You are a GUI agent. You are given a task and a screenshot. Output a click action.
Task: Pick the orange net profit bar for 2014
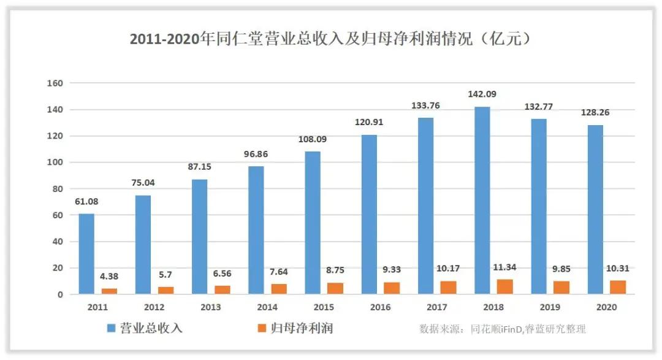279,289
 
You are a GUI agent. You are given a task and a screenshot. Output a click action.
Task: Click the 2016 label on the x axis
381,306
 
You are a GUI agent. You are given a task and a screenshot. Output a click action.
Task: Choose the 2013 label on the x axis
211,306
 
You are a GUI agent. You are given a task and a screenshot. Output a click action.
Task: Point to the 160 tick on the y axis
57,83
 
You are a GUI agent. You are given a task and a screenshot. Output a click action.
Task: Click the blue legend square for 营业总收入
113,329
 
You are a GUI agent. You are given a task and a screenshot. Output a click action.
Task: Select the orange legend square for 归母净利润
266,329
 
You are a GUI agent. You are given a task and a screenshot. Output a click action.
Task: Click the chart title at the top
330,39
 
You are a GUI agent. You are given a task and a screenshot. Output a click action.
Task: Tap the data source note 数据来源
502,329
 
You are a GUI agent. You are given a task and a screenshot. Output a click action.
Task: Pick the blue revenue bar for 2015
313,223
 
